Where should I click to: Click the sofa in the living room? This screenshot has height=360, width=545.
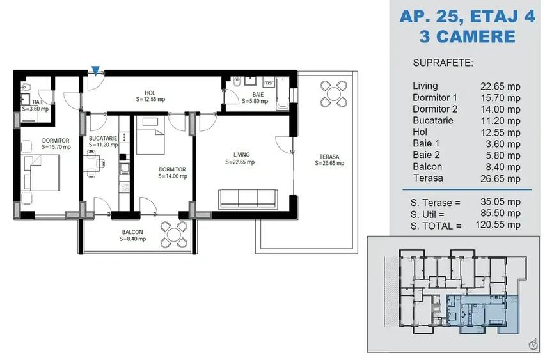(x=248, y=199)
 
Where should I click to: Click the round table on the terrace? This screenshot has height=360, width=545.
(x=333, y=93)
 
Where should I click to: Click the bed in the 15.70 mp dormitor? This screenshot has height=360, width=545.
(x=42, y=171)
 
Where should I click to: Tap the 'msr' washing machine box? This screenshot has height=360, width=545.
(x=268, y=82)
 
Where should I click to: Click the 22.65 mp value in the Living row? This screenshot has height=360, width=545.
(x=500, y=86)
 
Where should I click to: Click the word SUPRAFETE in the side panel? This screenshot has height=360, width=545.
(x=443, y=64)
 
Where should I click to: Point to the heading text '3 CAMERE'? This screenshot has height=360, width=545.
(x=466, y=36)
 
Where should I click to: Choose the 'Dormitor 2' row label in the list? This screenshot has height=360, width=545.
(x=436, y=109)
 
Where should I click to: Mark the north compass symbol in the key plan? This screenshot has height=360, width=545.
(x=532, y=345)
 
